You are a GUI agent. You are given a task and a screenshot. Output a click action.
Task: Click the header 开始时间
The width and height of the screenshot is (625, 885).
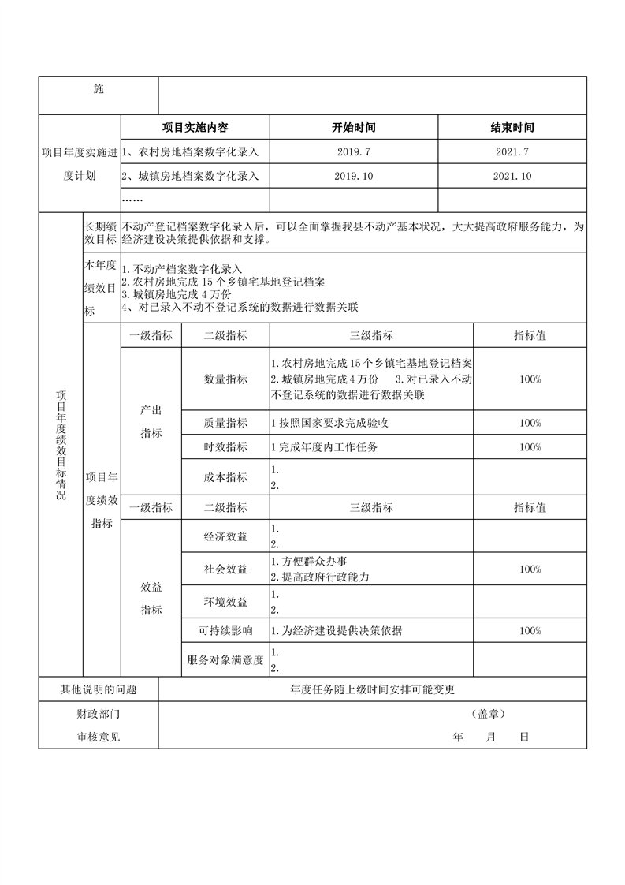tap(354, 127)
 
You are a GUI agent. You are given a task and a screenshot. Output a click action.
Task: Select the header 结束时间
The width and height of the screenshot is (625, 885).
tap(512, 127)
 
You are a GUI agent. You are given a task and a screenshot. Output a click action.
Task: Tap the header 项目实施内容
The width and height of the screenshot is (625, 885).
tap(195, 127)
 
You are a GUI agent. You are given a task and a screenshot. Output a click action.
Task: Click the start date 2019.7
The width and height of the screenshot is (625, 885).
tap(354, 151)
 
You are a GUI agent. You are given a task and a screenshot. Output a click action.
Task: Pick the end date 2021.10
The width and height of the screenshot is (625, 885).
tap(512, 176)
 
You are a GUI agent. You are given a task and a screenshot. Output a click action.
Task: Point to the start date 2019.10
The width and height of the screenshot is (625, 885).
tap(354, 176)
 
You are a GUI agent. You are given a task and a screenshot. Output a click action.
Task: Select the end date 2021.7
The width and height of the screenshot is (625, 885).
tap(512, 151)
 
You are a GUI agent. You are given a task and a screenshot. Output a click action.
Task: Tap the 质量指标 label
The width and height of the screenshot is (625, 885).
tap(225, 423)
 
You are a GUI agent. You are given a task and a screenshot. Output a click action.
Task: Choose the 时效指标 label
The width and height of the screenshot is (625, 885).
tap(225, 447)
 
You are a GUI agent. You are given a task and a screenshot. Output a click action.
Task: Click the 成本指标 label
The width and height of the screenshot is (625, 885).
tap(225, 477)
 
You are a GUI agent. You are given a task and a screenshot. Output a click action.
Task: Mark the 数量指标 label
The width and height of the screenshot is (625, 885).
tap(225, 379)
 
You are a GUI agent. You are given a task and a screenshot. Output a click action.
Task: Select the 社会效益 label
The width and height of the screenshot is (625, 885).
tap(225, 569)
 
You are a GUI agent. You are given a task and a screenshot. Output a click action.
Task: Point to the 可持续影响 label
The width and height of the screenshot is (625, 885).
tap(225, 630)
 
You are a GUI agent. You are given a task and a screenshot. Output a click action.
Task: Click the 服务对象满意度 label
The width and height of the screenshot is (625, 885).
tap(225, 660)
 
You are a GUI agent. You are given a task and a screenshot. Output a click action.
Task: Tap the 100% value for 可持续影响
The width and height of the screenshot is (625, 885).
tap(530, 630)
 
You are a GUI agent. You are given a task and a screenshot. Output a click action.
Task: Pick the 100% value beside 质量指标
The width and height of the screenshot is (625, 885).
tap(530, 423)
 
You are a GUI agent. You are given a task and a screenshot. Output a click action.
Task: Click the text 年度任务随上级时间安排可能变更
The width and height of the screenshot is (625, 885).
tap(372, 689)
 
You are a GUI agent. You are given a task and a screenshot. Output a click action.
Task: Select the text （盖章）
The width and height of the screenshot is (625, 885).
tap(489, 714)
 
